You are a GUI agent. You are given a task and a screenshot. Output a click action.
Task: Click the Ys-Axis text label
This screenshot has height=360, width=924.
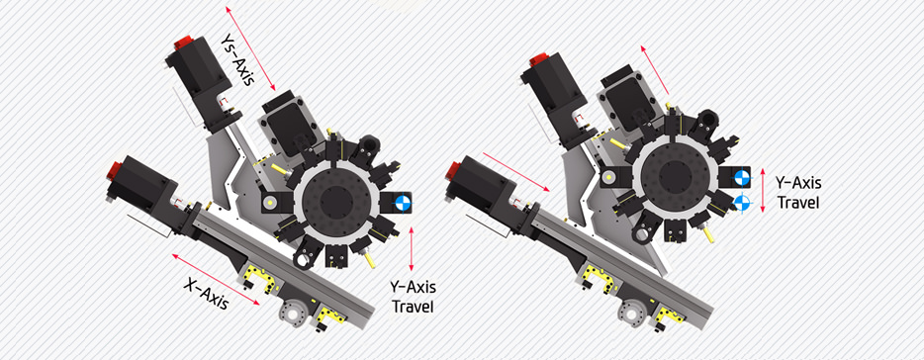(x=236, y=56)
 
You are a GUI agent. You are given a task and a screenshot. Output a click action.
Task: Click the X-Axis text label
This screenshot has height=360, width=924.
(x=205, y=294)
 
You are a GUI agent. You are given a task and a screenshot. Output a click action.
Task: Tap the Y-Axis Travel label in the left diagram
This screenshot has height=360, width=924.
(x=413, y=297)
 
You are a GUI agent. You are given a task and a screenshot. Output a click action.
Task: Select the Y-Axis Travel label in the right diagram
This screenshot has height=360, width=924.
(x=798, y=193)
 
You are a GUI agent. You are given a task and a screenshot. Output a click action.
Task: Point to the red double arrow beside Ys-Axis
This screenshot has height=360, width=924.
(x=250, y=48)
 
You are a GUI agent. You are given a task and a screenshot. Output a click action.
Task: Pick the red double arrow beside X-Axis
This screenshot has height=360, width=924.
(x=216, y=280)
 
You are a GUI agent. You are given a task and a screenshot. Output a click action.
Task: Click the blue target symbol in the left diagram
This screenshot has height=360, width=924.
(x=403, y=203)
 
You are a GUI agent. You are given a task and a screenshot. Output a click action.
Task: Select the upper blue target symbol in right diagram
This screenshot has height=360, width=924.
(x=741, y=177)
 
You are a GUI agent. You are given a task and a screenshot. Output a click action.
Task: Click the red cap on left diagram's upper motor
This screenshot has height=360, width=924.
(x=183, y=43)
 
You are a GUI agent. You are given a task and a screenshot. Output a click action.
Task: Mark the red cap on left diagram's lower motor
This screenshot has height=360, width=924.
(x=113, y=170)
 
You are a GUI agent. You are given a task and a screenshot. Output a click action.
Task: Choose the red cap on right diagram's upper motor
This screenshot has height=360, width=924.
(x=538, y=59)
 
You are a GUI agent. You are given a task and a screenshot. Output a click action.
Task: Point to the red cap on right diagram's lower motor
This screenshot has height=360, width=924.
(x=452, y=171)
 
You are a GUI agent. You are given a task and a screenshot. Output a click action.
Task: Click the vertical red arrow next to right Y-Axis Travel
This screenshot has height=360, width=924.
(x=763, y=190)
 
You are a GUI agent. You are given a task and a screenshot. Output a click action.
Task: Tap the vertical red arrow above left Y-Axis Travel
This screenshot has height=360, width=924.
(x=411, y=247)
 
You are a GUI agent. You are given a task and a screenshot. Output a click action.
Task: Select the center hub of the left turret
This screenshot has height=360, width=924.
(x=336, y=204)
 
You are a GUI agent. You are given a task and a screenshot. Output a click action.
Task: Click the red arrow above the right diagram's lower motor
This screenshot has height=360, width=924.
(x=515, y=171)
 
